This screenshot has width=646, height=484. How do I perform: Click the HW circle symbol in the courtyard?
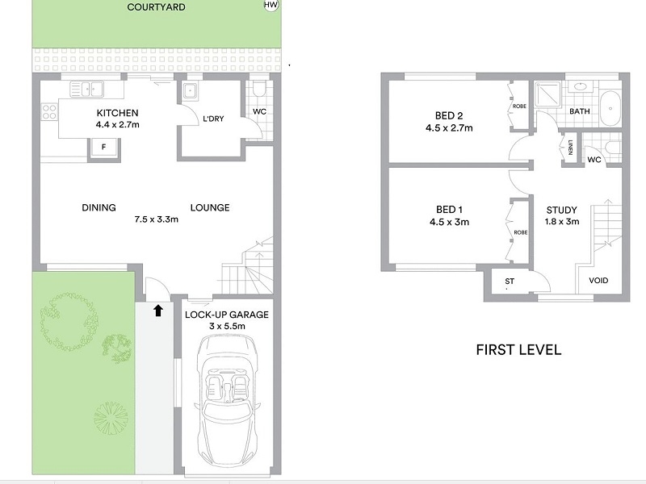(271, 5)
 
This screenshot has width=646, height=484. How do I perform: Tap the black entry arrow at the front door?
(158, 311)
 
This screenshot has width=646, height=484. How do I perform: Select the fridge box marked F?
(104, 148)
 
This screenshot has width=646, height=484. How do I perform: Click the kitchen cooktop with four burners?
(49, 112)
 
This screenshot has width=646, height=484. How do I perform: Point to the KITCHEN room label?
(117, 113)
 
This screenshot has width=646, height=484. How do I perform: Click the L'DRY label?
(213, 119)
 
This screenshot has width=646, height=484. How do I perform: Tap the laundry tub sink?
(190, 90)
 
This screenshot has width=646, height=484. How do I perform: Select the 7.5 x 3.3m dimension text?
(156, 219)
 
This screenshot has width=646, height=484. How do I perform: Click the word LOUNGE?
(210, 207)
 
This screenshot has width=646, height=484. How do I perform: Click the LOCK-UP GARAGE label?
(227, 315)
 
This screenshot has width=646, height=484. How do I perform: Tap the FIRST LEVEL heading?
(518, 350)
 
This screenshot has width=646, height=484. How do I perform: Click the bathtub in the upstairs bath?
(610, 109)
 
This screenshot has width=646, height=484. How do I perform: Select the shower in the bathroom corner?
(548, 94)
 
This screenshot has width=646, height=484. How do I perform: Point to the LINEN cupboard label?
(570, 148)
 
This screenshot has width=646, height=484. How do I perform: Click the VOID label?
(598, 280)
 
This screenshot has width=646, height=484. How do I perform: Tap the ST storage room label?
(510, 281)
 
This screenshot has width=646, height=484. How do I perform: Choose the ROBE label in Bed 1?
(521, 232)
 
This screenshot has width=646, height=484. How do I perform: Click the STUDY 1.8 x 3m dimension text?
(562, 221)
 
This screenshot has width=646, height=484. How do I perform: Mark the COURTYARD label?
(156, 7)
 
